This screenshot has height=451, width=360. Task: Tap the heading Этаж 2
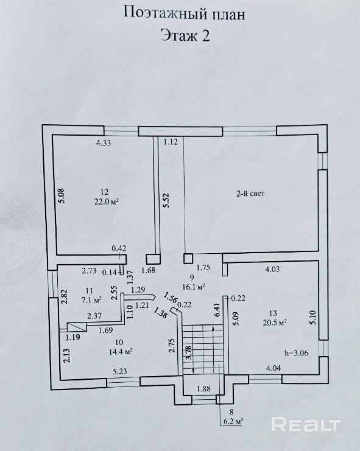(x=185, y=36)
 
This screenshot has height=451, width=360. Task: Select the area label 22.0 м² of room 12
(x=107, y=201)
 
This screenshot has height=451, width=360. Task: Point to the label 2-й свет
(x=250, y=194)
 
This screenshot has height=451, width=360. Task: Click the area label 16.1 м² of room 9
(x=193, y=287)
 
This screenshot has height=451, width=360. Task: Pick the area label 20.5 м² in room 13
(x=274, y=323)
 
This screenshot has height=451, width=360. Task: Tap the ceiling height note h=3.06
(x=297, y=353)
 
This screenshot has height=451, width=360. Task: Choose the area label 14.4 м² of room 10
(x=121, y=351)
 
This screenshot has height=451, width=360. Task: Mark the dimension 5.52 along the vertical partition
(x=167, y=201)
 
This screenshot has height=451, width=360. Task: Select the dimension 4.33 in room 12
(x=104, y=143)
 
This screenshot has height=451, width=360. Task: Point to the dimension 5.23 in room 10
(x=120, y=372)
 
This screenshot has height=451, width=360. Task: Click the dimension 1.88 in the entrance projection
(x=203, y=388)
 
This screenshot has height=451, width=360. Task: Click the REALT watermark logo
(x=306, y=425)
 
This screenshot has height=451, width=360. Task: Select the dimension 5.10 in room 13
(x=313, y=317)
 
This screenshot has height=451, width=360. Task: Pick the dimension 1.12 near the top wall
(x=171, y=142)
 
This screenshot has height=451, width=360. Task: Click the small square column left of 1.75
(x=188, y=258)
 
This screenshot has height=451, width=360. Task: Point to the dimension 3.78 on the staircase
(x=188, y=352)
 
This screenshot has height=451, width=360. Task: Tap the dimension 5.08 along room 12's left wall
(x=62, y=195)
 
